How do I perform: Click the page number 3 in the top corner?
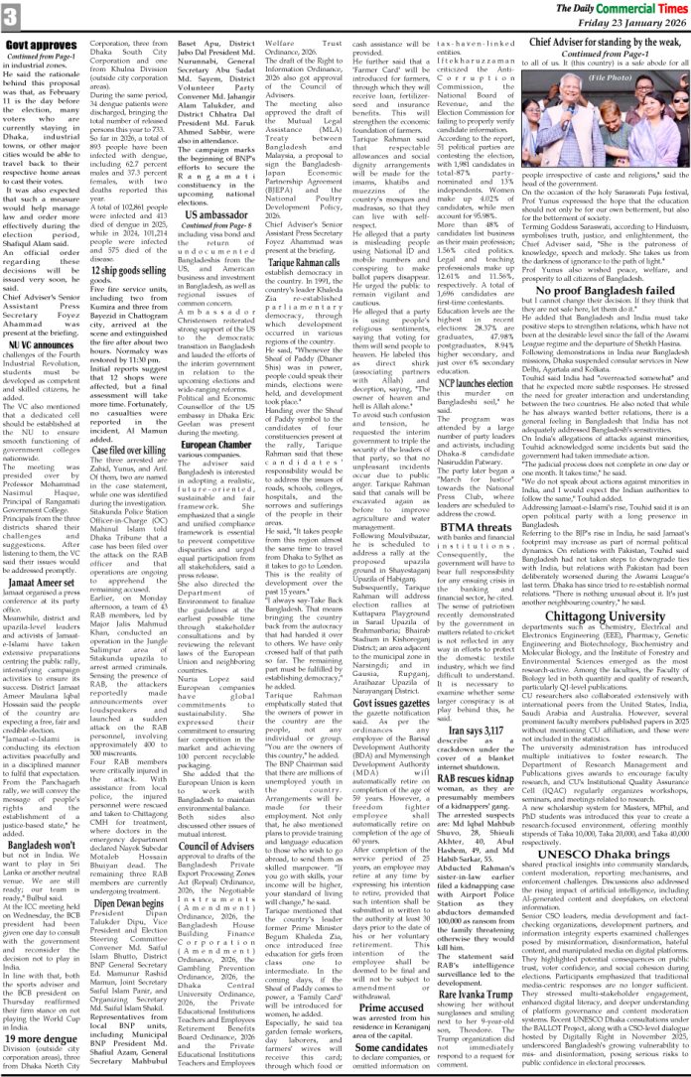12,16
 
